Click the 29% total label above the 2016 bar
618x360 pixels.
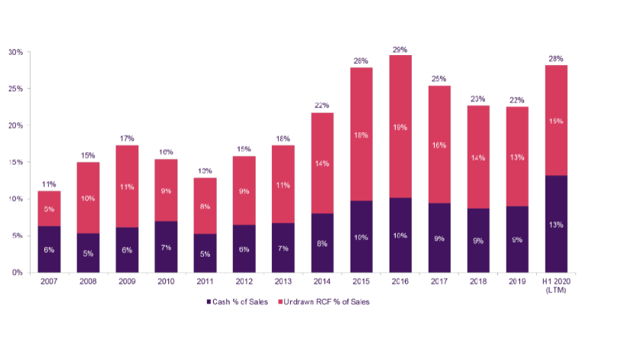pos(401,49)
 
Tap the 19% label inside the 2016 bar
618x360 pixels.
pos(401,128)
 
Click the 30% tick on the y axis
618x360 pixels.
pos(15,53)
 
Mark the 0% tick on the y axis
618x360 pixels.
pos(17,273)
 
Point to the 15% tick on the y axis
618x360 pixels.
pos(15,163)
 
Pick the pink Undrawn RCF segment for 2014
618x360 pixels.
pos(322,163)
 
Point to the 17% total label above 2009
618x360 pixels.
pos(127,139)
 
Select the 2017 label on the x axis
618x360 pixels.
pos(440,283)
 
